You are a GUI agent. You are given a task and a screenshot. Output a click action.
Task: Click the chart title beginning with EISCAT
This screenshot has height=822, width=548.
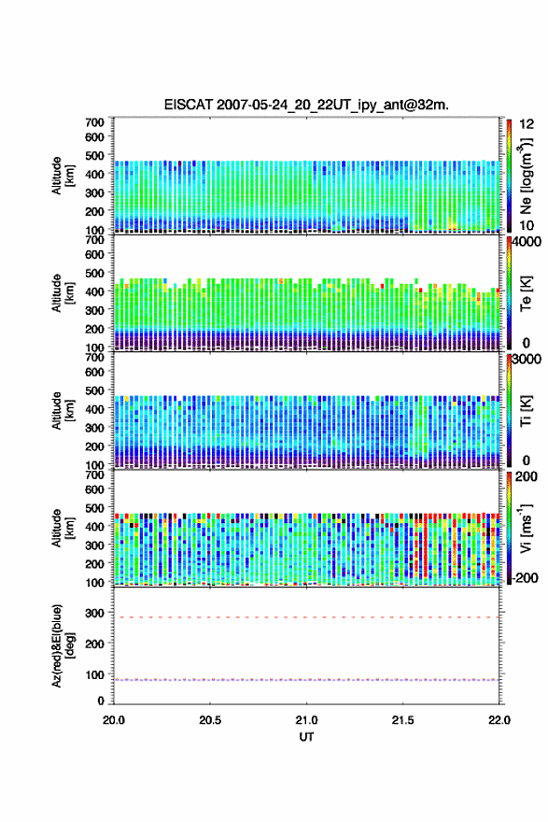[306, 105]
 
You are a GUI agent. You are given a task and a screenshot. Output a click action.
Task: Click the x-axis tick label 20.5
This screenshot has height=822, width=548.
[210, 720]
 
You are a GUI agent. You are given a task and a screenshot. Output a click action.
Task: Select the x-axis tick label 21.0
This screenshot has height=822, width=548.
[306, 720]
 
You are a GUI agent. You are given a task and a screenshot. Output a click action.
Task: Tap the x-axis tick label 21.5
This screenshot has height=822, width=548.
[402, 720]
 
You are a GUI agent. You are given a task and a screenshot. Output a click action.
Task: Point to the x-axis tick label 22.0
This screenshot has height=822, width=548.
[499, 720]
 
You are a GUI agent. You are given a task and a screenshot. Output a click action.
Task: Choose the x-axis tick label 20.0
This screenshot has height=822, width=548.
[114, 720]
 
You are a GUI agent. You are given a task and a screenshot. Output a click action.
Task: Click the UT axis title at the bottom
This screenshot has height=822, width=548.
[306, 737]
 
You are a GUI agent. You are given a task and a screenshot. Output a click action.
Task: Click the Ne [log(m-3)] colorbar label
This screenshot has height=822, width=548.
[526, 177]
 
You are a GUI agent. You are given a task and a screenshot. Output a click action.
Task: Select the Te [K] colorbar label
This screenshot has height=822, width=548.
[526, 293]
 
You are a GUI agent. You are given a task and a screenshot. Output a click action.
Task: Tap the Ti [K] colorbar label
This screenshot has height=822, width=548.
[526, 411]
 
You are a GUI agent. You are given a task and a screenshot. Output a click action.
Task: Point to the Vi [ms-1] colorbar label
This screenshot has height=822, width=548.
[526, 529]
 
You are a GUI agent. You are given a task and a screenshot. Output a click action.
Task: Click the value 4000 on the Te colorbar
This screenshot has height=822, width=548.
[527, 242]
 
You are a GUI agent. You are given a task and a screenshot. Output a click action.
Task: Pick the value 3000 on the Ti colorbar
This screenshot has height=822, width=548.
[527, 360]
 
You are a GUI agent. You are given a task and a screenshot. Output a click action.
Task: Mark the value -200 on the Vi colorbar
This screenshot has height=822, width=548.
[526, 577]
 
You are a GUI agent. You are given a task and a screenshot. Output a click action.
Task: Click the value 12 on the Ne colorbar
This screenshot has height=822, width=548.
[527, 124]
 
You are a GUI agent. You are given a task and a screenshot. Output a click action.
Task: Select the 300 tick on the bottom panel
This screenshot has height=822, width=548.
[95, 613]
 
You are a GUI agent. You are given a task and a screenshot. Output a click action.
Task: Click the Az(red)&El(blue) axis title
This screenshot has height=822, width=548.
[61, 645]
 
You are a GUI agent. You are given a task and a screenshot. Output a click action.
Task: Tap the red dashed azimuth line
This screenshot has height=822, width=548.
[306, 617]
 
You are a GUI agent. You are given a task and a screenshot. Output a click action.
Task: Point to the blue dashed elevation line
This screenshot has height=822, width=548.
[306, 679]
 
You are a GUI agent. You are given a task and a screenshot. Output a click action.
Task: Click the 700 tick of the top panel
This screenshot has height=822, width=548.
[95, 122]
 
